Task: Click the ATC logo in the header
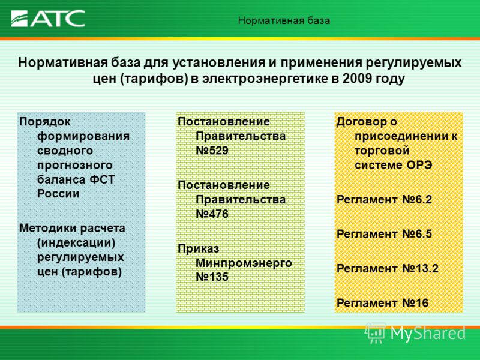pyautogui.click(x=48, y=19)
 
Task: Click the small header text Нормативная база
pyautogui.click(x=284, y=21)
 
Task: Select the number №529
pyautogui.click(x=212, y=151)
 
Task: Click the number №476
pyautogui.click(x=212, y=214)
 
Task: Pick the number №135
pyautogui.click(x=212, y=277)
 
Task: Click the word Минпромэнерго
pyautogui.click(x=244, y=263)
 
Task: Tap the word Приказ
pyautogui.click(x=199, y=248)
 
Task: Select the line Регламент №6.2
pyautogui.click(x=384, y=200)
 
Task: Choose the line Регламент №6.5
pyautogui.click(x=384, y=234)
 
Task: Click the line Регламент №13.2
pyautogui.click(x=388, y=269)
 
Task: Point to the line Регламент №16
pyautogui.click(x=382, y=304)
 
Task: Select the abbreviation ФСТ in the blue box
pyautogui.click(x=102, y=179)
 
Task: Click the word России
pyautogui.click(x=58, y=194)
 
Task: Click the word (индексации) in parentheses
pyautogui.click(x=77, y=243)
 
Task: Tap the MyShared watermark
pyautogui.click(x=416, y=333)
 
